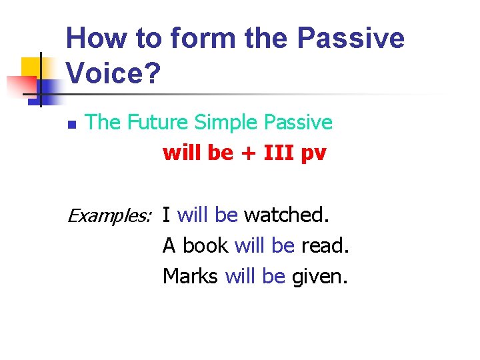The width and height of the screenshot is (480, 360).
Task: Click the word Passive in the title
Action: [x=350, y=38]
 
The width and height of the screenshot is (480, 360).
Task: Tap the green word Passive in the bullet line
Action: [x=298, y=123]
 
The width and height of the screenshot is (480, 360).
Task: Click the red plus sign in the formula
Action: [x=245, y=153]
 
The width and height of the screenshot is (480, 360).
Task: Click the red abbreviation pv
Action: [x=313, y=155]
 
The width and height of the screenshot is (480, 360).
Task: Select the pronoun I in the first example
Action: [x=166, y=215]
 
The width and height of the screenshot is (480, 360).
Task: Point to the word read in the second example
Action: [x=325, y=245]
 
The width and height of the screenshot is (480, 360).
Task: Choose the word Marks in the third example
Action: [x=190, y=276]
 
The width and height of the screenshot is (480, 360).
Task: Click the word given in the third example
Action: [x=319, y=276]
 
